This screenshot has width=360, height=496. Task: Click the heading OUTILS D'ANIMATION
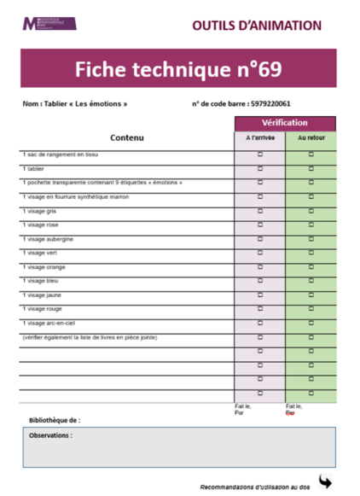256,25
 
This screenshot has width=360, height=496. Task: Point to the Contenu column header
127,137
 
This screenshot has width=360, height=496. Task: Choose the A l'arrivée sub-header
260,137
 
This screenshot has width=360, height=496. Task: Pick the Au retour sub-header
311,137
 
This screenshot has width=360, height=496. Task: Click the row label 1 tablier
32,168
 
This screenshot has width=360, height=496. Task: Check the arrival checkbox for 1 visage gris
260,210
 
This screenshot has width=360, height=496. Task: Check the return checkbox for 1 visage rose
311,225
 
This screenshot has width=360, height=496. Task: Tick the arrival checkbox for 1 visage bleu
260,280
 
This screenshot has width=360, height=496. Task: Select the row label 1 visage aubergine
46,238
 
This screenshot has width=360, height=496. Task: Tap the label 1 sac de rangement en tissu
60,155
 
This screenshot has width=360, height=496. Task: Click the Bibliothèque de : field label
55,420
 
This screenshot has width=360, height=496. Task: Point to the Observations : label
50,435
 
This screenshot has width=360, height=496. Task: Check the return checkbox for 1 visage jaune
311,295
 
